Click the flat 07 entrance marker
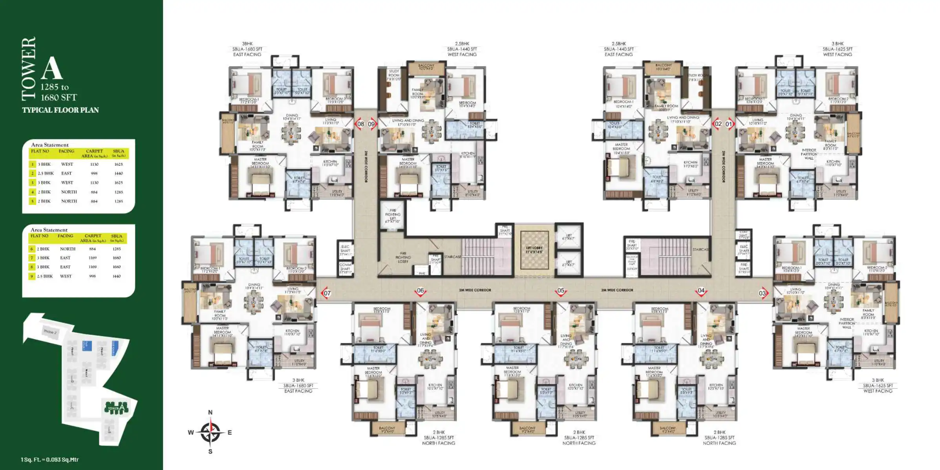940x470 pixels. pos(326,293)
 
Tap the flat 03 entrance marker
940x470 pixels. pos(763,293)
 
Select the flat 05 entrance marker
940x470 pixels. pos(561,291)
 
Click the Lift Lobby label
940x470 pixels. pos(534,250)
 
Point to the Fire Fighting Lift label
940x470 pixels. pos(393,216)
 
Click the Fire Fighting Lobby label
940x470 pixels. pos(403,257)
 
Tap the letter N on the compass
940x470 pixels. pos(210,412)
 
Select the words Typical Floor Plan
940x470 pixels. pos(60,110)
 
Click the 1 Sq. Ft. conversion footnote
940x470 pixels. pos(50,459)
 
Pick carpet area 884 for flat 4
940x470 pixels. pos(94,192)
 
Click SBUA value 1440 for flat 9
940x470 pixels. pos(117,276)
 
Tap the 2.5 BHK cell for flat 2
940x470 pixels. pos(46,173)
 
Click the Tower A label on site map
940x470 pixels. pos(116,408)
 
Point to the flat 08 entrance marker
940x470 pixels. pos(360,124)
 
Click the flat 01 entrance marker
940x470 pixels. pos(729,124)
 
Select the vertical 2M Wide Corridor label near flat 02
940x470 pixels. pos(723,166)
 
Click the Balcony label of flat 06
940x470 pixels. pos(387,430)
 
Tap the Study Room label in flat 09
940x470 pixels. pos(394,75)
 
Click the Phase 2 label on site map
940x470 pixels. pos(50,332)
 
